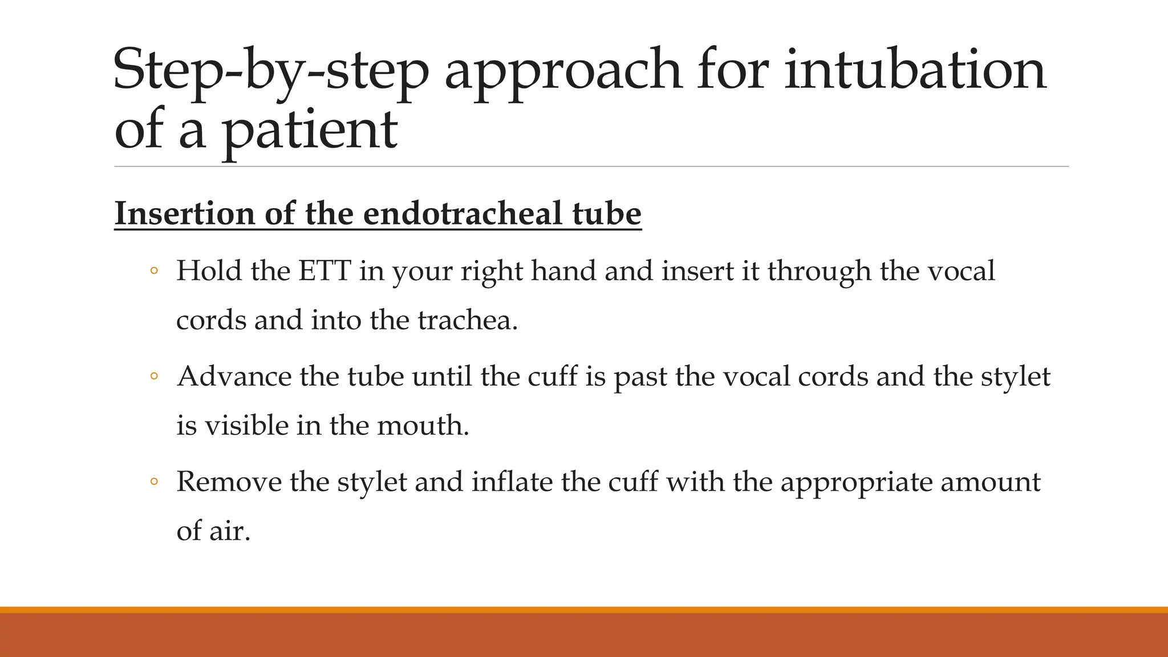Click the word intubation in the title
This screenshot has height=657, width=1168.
point(915,70)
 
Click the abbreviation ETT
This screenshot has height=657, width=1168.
point(324,270)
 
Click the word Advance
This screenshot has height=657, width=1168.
point(234,376)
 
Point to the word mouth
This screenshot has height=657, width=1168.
point(423,425)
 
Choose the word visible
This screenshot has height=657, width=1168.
point(247,425)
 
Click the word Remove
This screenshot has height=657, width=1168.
point(229,482)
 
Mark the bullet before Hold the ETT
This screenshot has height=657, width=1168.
point(153,271)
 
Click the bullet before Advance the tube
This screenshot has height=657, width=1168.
point(153,376)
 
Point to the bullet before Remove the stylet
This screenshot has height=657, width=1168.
point(153,482)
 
